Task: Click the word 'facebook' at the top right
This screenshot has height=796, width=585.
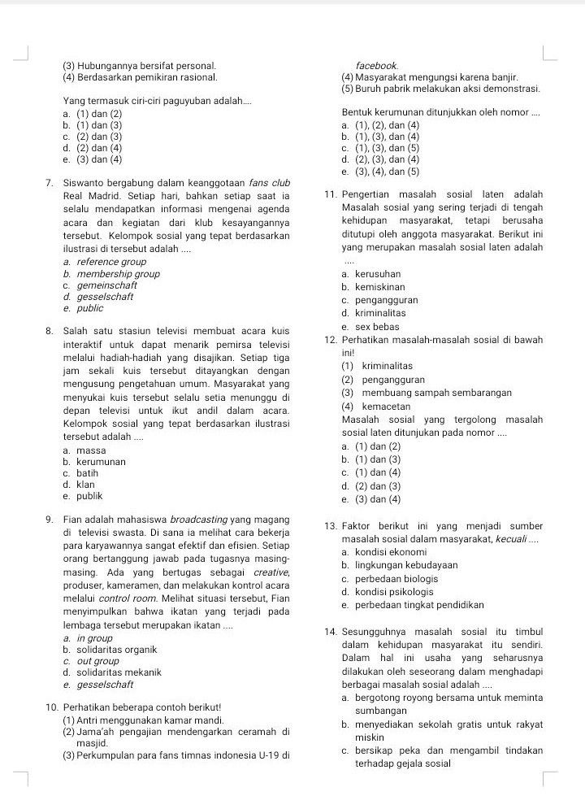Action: (x=376, y=64)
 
